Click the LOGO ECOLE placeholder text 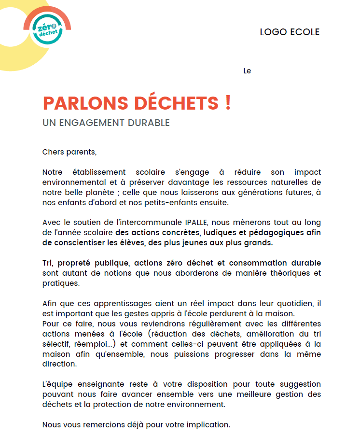[290, 32]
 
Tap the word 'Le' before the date [247, 71]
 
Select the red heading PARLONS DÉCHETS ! [137, 103]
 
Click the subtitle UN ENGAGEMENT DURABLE [106, 123]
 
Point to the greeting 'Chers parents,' [69, 152]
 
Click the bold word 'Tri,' [49, 263]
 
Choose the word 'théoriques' [286, 273]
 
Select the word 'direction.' [59, 365]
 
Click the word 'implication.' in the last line [208, 425]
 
